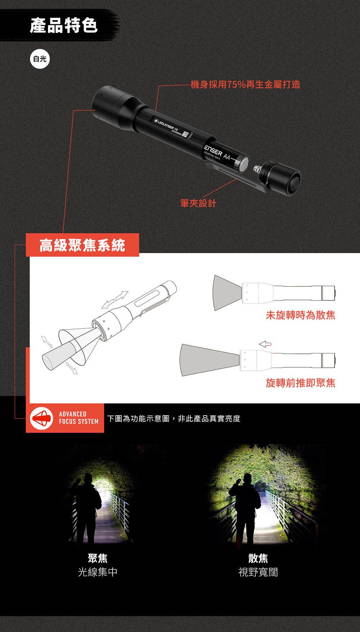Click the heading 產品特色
[x=64, y=25]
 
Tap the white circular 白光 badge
[x=40, y=59]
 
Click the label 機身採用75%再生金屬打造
[x=245, y=84]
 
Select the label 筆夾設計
[x=198, y=203]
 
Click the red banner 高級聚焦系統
[x=82, y=245]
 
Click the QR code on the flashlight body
[x=185, y=134]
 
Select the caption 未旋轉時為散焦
[x=301, y=315]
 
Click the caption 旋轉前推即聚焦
[x=301, y=383]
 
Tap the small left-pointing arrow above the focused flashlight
[x=265, y=344]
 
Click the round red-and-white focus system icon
[x=41, y=418]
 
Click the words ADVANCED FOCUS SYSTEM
[x=78, y=418]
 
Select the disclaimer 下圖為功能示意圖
[x=138, y=418]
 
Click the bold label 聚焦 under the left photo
[x=98, y=558]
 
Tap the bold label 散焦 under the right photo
[x=258, y=558]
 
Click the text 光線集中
[x=98, y=572]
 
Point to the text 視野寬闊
[x=258, y=572]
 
